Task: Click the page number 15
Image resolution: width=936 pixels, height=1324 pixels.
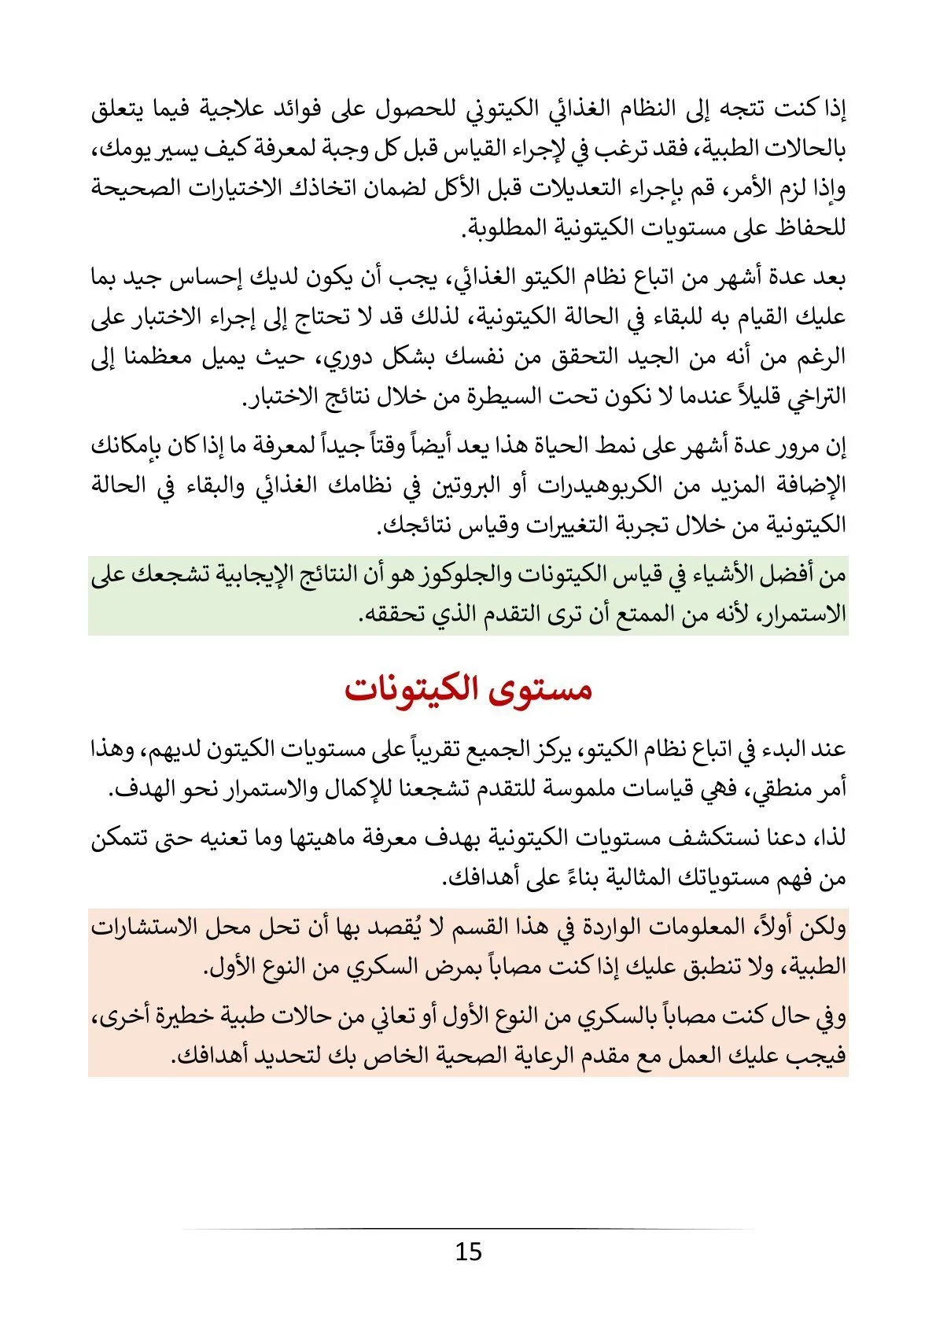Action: [468, 1251]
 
